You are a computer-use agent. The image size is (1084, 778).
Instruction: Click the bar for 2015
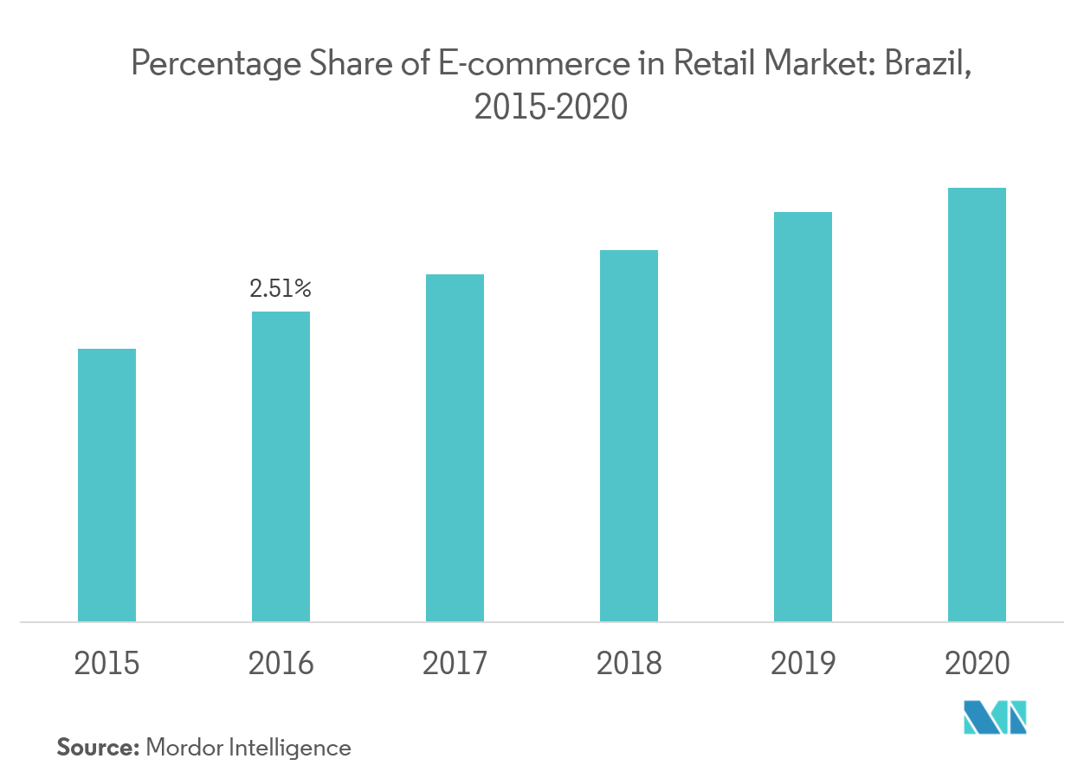coord(106,485)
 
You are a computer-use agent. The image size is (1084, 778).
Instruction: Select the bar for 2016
coord(281,466)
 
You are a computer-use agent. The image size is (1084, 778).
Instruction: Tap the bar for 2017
coord(455,447)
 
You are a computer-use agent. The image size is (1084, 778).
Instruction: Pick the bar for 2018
coord(629,435)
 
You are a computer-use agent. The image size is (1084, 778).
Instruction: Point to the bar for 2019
coord(803,416)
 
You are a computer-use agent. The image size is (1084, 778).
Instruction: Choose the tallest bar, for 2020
coord(977,404)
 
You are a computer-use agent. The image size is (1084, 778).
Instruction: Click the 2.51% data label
coord(281,288)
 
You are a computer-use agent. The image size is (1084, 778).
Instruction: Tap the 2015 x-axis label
coord(106,664)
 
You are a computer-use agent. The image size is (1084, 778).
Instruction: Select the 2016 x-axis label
coord(281,664)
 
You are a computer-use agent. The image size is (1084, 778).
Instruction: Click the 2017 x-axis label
coord(455,664)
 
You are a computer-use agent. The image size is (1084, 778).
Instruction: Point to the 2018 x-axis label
coord(629,664)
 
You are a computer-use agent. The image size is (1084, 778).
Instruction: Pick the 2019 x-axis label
coord(803,664)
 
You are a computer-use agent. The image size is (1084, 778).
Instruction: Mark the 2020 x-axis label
coord(977,664)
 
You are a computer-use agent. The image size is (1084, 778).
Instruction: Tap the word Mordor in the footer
coord(184,748)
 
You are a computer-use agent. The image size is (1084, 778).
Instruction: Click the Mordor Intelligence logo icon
coord(995,717)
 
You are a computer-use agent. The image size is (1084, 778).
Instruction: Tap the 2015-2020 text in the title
coord(550,107)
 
